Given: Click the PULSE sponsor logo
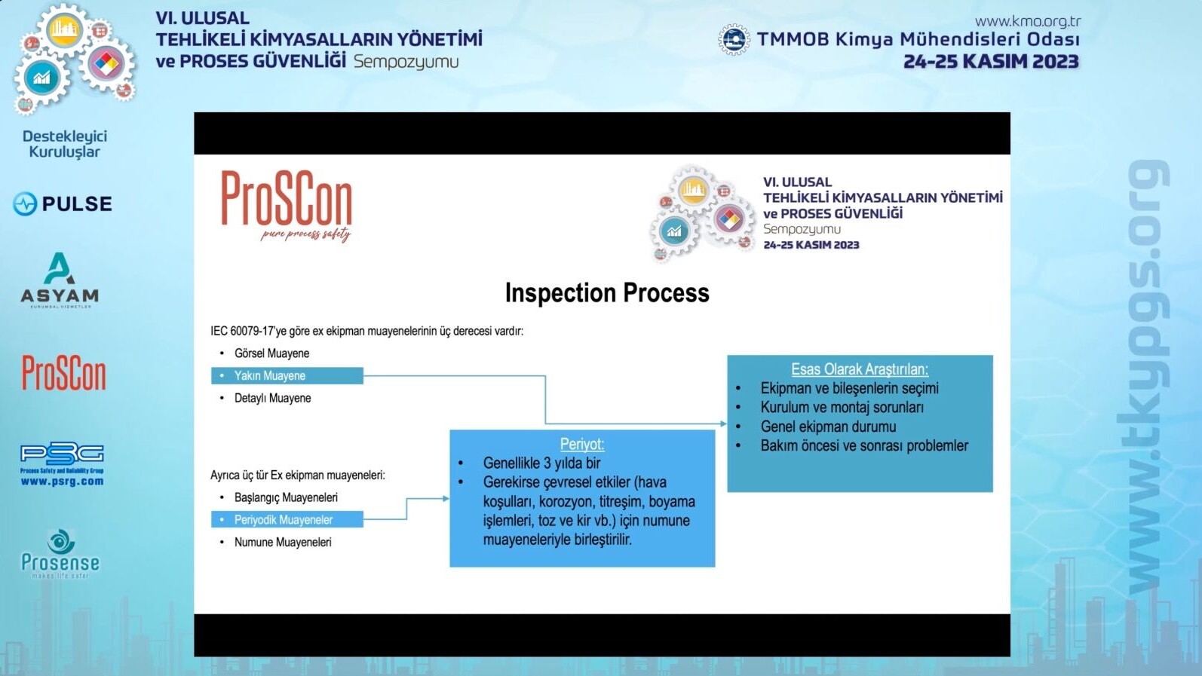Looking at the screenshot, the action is pos(63,203).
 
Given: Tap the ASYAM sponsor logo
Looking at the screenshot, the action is pos(60,280).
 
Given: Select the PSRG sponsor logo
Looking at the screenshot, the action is pos(62,464).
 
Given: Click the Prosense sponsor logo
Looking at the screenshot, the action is pos(60,554).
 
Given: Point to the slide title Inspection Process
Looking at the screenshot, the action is pos(607,292).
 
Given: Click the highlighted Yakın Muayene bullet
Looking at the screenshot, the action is pos(287,376).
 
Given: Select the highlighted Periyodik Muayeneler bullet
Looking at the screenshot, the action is pos(287,519).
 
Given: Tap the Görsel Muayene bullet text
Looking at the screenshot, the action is pos(271,353).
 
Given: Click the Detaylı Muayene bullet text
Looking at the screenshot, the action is pos(272,399).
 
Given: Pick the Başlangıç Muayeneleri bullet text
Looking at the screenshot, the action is pos(286,497).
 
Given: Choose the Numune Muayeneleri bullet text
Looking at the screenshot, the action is pos(283,542).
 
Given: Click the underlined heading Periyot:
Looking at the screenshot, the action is pos(582,444).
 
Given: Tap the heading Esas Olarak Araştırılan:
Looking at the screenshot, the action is pos(860,369).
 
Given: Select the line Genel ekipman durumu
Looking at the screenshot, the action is pos(828,427).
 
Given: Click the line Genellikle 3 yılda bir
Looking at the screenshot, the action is pos(541,463).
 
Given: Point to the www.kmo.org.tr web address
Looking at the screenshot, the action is pos(1028,21).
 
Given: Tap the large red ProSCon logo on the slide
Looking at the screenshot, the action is pos(287,206).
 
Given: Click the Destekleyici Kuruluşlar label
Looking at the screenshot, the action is pos(64,144).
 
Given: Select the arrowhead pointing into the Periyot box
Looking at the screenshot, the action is pos(446,499).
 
